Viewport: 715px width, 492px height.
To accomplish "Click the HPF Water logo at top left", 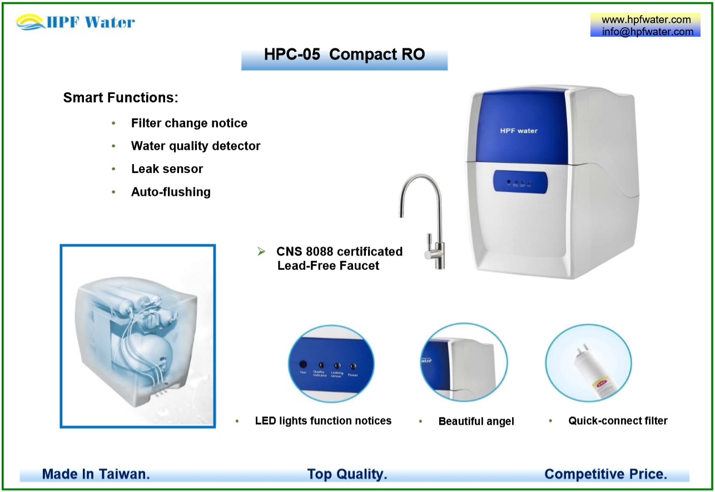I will (x=76, y=22).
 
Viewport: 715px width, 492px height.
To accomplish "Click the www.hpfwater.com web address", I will (x=646, y=20).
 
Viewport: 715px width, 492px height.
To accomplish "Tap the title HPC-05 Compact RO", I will (x=344, y=55).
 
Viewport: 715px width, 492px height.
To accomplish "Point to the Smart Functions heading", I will (x=121, y=98).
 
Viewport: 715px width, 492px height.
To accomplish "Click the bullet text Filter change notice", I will (x=189, y=123).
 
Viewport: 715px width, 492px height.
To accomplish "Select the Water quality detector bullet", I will (x=196, y=146).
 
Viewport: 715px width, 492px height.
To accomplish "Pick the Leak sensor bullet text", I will (x=167, y=169).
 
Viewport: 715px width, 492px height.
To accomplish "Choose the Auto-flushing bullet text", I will (x=171, y=192).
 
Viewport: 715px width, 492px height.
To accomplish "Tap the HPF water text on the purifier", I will (x=519, y=131).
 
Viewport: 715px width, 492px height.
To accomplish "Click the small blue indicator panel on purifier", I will (x=519, y=181).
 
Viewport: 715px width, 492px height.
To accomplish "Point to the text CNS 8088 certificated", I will (x=339, y=252).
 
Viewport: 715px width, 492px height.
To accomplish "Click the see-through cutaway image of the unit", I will (x=137, y=336).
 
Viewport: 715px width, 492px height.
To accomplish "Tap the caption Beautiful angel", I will (x=476, y=421).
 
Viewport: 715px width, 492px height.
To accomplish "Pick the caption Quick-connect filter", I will (x=618, y=421).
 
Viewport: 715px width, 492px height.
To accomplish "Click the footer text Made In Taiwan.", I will (x=96, y=474).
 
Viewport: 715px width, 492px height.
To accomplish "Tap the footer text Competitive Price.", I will (x=605, y=474).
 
